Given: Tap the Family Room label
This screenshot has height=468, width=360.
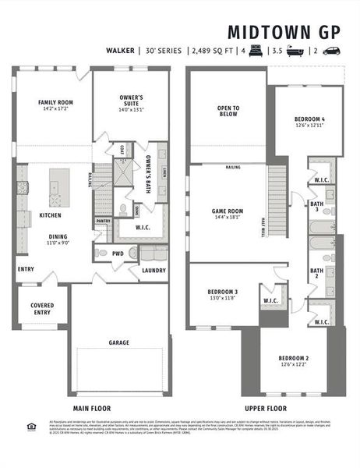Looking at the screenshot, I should [x=53, y=101].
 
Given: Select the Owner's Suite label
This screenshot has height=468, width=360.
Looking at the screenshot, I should [x=130, y=100].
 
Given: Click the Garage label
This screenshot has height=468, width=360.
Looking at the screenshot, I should [x=118, y=342].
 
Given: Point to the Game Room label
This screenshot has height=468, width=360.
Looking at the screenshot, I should [x=228, y=211].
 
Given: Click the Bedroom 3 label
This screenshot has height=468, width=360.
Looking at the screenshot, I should [x=224, y=292].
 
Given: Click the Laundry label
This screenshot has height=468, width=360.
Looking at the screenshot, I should [x=152, y=271].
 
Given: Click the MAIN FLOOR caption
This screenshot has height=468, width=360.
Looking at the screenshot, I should [x=92, y=407].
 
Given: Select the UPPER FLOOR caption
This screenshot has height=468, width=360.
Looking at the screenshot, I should [x=265, y=407].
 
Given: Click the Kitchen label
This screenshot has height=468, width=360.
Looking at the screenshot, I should [x=51, y=214].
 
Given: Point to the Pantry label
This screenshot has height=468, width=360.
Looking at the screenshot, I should [x=103, y=220].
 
